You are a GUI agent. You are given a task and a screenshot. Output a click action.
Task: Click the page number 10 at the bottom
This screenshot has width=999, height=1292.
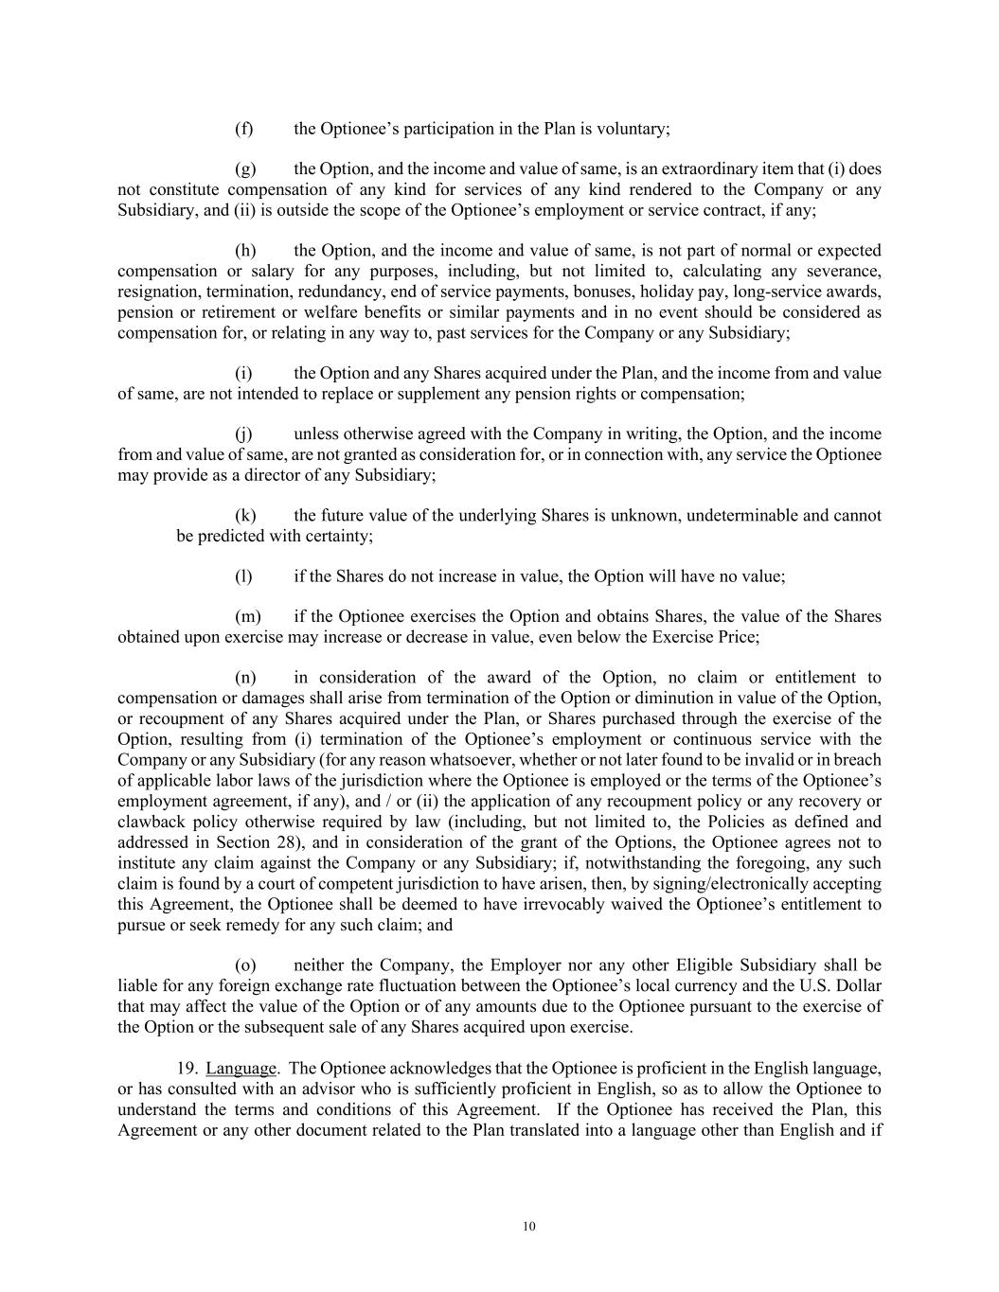(x=528, y=1227)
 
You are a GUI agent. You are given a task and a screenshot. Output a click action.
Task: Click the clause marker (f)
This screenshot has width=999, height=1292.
(x=243, y=129)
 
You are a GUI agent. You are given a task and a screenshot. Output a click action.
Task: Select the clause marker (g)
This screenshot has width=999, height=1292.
(x=245, y=169)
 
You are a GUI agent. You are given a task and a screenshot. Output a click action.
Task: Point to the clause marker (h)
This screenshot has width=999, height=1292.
(x=245, y=251)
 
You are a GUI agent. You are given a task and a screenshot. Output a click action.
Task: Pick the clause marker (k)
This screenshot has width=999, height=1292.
(x=245, y=516)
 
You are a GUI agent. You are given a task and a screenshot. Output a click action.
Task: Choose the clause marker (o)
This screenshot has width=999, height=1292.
(x=245, y=965)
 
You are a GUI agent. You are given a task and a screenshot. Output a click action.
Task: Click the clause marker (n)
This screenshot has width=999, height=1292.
(x=245, y=678)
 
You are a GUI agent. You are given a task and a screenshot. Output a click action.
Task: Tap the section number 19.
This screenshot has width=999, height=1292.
(x=187, y=1069)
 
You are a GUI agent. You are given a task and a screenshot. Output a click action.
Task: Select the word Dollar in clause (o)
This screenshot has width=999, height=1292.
(x=860, y=986)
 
